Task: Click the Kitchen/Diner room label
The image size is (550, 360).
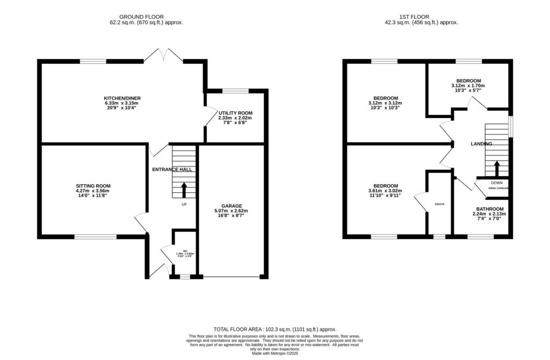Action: point(119,98)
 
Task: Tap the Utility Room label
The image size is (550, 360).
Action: point(235,113)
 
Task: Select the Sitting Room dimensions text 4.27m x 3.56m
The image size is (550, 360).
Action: point(92,191)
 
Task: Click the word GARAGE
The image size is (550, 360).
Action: point(231,206)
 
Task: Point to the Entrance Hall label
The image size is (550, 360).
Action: point(171,170)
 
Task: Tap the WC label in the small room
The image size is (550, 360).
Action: point(185,251)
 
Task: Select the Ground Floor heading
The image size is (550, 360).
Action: point(142,17)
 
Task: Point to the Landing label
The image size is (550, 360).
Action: point(481,144)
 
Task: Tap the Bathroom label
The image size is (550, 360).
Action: point(490,209)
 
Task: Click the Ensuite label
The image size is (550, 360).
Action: point(439,204)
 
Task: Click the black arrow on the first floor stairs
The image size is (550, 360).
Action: point(497,168)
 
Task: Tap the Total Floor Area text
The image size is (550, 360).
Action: point(274,329)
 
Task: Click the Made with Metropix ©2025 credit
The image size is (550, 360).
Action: point(274,354)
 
